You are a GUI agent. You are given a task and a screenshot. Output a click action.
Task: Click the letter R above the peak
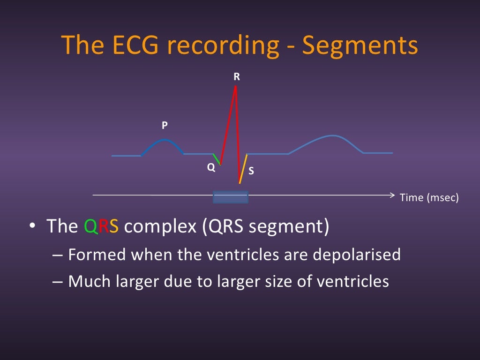point(237,77)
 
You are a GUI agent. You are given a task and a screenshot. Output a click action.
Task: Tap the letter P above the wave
point(165,125)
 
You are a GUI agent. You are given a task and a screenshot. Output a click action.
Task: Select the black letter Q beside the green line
point(211,167)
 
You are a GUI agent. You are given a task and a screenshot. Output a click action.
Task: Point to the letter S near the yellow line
point(251,171)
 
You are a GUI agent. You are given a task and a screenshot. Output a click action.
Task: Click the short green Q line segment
point(216,159)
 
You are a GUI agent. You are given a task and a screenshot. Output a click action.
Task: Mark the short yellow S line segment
point(243,168)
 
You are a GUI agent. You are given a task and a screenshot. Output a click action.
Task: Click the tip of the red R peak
point(235,87)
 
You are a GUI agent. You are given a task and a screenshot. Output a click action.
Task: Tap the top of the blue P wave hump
point(164,140)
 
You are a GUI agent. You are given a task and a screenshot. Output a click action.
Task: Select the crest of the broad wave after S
point(332,136)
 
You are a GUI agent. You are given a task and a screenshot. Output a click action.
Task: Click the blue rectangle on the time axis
point(230,197)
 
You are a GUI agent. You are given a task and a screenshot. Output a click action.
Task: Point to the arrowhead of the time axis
point(393,195)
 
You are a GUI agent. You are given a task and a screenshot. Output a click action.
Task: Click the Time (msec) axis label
point(429,198)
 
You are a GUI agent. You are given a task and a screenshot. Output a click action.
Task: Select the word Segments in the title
point(360,45)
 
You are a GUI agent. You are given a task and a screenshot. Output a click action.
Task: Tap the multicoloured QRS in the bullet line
point(102,226)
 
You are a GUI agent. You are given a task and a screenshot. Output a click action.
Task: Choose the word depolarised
point(356,255)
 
